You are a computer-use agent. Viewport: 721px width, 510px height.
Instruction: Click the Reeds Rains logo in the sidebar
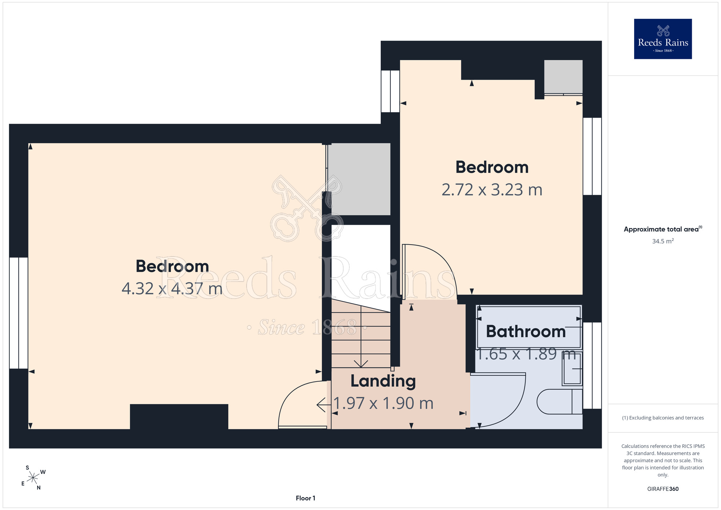[x=663, y=39]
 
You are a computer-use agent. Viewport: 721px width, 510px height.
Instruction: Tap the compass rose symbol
[x=33, y=478]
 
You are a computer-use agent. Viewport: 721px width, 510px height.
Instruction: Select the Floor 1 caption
[x=305, y=498]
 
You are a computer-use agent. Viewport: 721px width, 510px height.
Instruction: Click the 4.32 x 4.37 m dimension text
[x=172, y=289]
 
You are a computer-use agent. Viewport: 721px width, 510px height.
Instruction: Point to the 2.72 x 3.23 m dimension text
[x=492, y=190]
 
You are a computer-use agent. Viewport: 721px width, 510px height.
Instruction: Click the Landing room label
[x=383, y=381]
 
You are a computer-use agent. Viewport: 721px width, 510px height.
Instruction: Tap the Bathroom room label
[x=526, y=331]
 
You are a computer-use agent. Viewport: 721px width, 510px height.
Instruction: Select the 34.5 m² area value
[x=663, y=241]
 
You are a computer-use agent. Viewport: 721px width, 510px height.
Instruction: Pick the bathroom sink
[x=572, y=368]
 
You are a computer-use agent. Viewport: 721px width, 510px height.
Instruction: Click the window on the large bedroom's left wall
[x=19, y=313]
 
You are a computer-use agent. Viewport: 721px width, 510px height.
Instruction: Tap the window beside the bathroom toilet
[x=592, y=365]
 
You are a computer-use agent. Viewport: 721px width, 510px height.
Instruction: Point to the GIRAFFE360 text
[x=663, y=489]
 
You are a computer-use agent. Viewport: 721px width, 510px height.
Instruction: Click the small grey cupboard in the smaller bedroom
[x=563, y=76]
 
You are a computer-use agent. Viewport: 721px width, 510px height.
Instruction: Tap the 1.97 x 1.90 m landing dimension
[x=383, y=403]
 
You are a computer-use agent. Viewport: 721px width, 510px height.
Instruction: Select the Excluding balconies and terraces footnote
[x=663, y=418]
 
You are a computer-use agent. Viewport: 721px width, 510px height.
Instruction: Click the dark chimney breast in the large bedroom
[x=179, y=417]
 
